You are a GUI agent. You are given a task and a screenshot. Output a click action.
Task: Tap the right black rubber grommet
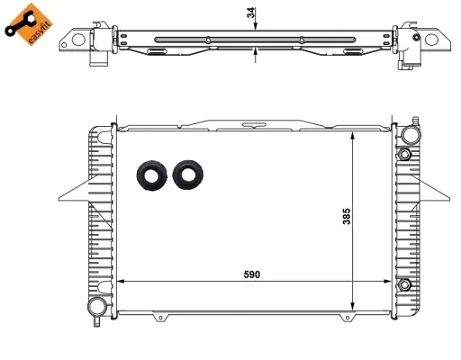point(189,175)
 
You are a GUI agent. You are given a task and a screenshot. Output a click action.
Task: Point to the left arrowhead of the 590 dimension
point(123,281)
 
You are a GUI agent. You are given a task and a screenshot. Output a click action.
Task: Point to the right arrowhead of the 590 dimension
point(389,281)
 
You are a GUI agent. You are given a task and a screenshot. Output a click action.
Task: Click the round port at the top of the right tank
point(411,135)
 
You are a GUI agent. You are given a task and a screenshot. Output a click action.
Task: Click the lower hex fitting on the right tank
point(406,286)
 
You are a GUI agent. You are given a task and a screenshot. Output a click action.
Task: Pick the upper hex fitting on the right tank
point(406,155)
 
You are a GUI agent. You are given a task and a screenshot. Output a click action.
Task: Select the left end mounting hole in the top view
point(80,40)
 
